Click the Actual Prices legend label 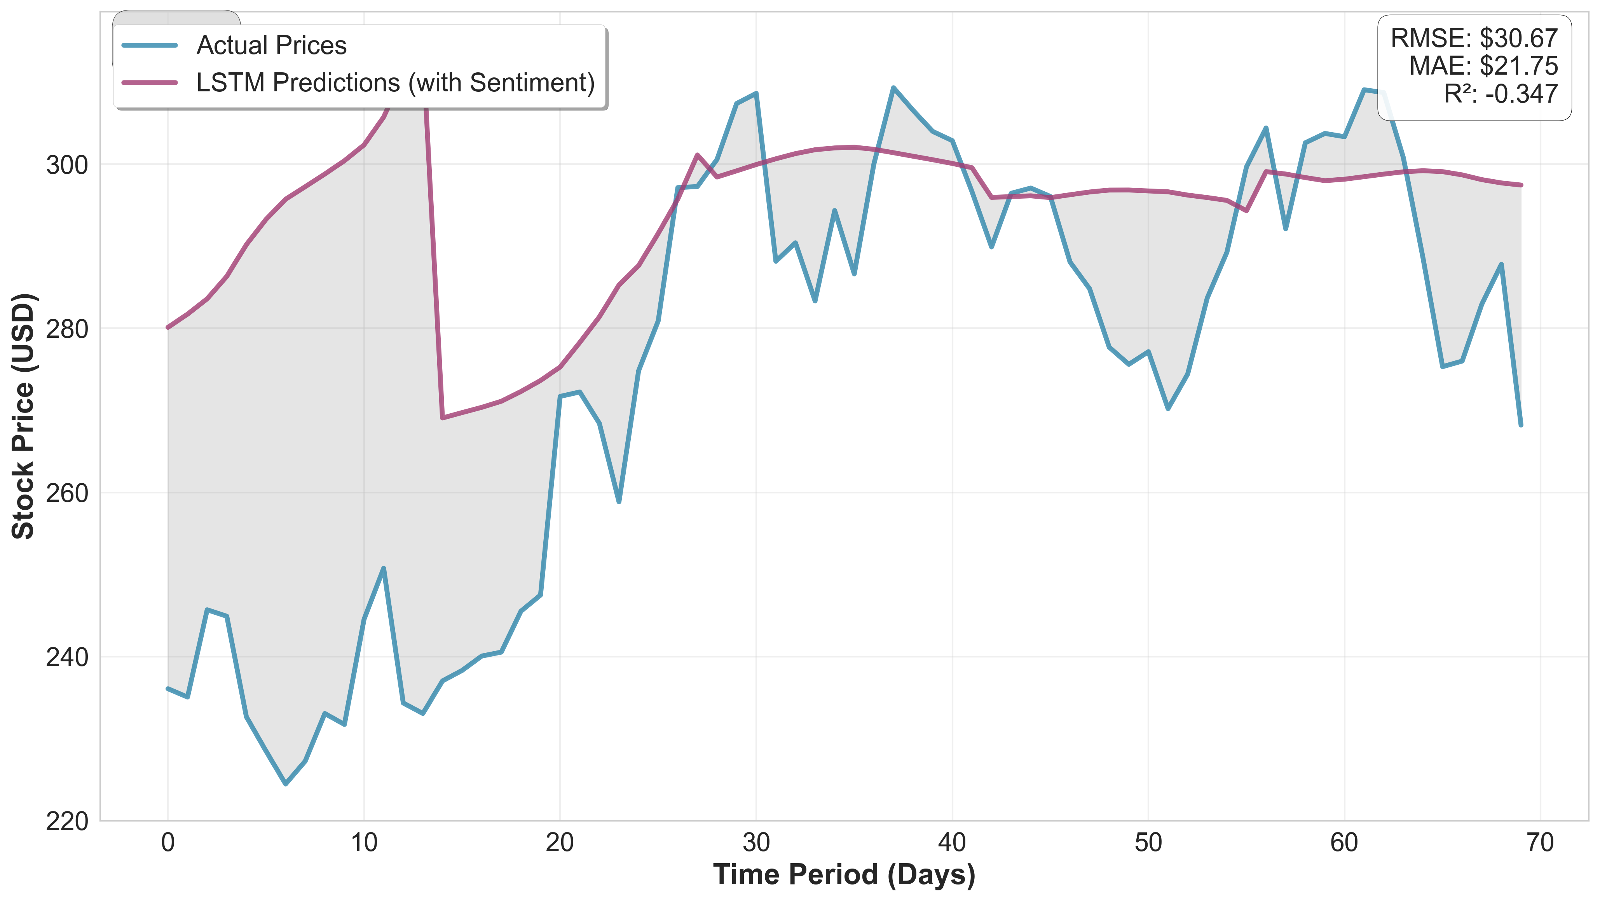tap(271, 45)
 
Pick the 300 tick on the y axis tap(67, 165)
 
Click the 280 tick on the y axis tap(67, 329)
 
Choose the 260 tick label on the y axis tap(67, 493)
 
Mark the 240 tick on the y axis tap(67, 657)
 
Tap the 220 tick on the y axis tap(67, 821)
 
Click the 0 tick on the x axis tap(168, 843)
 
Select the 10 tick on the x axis tap(364, 843)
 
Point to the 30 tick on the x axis tap(756, 843)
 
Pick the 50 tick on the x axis tap(1148, 843)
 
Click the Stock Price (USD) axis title tap(24, 416)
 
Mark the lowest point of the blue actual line tap(286, 784)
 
